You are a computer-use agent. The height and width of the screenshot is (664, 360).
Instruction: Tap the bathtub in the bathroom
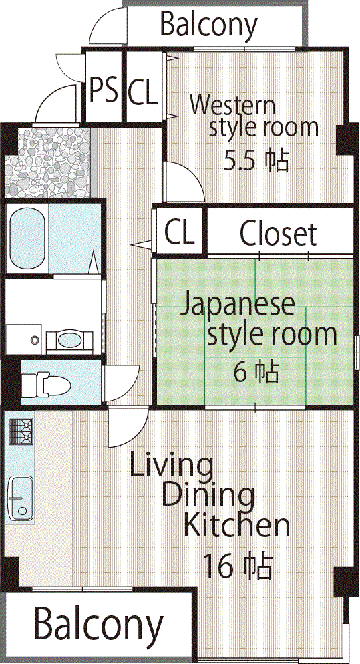tap(27, 240)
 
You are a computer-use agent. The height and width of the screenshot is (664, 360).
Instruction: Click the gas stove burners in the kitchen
tap(21, 431)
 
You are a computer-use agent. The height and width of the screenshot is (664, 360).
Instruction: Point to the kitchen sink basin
tap(21, 498)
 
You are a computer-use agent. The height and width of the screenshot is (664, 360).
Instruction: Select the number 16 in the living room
tap(218, 566)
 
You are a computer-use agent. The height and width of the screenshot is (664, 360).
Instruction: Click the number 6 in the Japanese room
tap(241, 372)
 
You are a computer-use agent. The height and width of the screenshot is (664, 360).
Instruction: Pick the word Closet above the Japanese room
tap(279, 234)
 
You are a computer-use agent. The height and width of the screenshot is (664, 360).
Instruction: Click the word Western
tap(232, 105)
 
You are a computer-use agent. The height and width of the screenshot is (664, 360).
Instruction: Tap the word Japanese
tap(238, 305)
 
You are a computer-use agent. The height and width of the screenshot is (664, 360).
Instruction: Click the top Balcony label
tap(208, 25)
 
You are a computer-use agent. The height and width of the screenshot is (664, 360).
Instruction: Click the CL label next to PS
tap(144, 92)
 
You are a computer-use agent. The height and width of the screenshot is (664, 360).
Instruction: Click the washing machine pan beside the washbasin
tap(24, 339)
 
